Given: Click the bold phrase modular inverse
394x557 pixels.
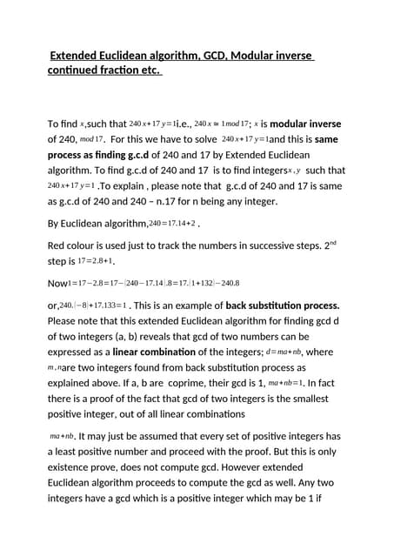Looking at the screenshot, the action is coord(308,124).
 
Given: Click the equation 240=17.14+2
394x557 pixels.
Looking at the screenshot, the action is coord(172,224).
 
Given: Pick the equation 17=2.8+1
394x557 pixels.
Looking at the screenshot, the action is coord(94,261).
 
